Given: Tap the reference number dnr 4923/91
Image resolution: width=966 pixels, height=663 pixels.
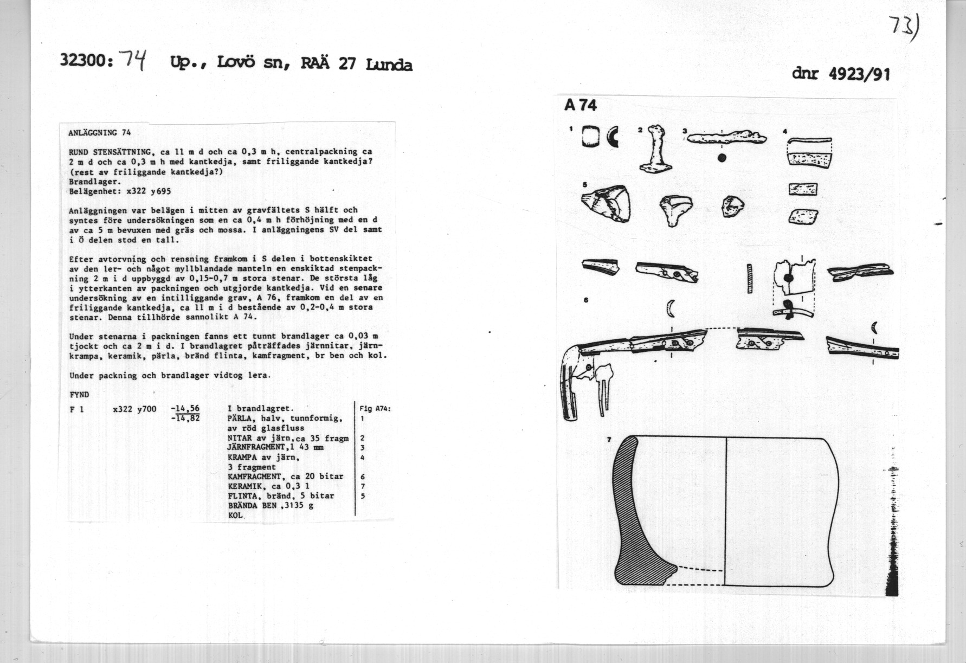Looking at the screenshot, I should tap(841, 73).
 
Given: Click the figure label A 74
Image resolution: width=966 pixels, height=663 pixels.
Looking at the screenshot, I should tap(580, 105).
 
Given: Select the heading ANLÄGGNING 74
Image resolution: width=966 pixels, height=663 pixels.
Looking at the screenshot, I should tap(100, 132).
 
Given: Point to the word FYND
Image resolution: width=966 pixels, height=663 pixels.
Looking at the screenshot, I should tap(79, 395).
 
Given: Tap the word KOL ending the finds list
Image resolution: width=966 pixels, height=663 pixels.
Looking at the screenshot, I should tap(235, 515).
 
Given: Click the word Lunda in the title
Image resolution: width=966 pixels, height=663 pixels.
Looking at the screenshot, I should tap(389, 66).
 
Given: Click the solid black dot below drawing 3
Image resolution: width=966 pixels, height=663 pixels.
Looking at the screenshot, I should tap(722, 158).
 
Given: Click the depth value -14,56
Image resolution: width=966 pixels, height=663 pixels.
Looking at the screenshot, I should tap(185, 409).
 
